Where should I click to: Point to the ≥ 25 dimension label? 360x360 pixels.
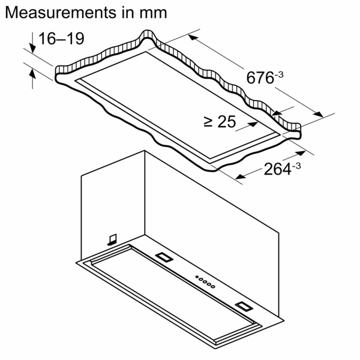[x=219, y=122]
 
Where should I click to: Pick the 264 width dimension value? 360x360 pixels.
[x=278, y=170]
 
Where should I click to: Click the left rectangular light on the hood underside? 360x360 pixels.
[x=164, y=257]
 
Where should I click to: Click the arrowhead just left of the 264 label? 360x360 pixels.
[x=241, y=176]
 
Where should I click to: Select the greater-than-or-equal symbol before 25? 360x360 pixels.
[x=208, y=122]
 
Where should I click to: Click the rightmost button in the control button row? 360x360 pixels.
[x=214, y=287]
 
